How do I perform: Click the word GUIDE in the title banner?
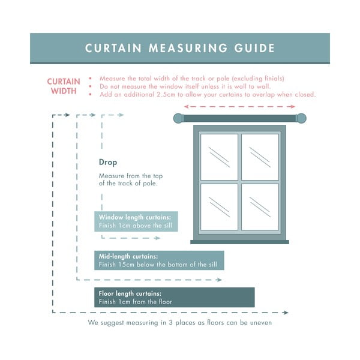(254, 48)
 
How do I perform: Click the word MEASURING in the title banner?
(188, 48)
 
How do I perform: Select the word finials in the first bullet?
(273, 79)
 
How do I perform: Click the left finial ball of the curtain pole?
(178, 118)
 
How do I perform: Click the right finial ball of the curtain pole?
(301, 118)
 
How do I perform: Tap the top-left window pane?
(219, 157)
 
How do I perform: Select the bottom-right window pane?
(260, 207)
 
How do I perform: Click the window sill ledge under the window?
(239, 242)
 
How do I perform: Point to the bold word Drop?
(108, 162)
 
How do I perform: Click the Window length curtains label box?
(136, 221)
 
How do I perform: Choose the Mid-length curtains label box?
(159, 260)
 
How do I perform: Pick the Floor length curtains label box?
(175, 298)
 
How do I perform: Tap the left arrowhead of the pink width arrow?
(187, 107)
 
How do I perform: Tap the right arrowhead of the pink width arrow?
(293, 107)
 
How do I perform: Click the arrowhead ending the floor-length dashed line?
(286, 313)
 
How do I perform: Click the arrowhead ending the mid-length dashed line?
(220, 280)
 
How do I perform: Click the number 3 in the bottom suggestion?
(171, 323)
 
